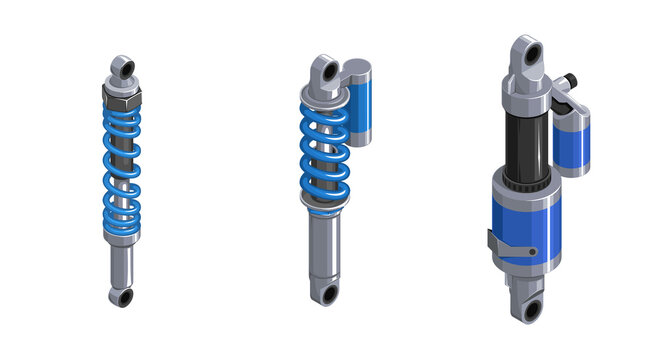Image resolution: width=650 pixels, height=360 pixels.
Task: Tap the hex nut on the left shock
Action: pyautogui.click(x=122, y=97)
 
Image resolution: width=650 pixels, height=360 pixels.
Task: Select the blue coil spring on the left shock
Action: pyautogui.click(x=122, y=170)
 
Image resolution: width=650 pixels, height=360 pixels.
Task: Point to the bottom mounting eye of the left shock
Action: pyautogui.click(x=122, y=297)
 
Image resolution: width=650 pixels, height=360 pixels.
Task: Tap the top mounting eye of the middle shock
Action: pyautogui.click(x=322, y=72)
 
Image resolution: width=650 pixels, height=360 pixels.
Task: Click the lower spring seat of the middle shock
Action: pyautogui.click(x=325, y=206)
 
